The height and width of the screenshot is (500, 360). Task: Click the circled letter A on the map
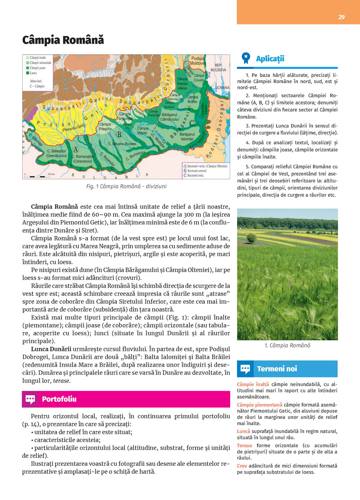click(x=76, y=150)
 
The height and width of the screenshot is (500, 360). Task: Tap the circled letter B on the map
click(x=119, y=135)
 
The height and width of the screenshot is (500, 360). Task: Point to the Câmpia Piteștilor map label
click(x=105, y=127)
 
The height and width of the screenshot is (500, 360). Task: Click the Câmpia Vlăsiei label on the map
click(x=143, y=130)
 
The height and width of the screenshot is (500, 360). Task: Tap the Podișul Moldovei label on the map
click(x=197, y=61)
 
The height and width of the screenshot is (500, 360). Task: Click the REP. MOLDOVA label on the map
click(x=218, y=68)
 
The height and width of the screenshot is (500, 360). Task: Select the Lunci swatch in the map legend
click(x=27, y=73)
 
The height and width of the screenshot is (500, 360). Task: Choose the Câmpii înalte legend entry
click(x=37, y=58)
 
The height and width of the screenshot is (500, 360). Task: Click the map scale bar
click(x=35, y=176)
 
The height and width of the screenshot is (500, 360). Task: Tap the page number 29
click(x=341, y=17)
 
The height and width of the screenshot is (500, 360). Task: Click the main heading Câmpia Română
click(x=63, y=40)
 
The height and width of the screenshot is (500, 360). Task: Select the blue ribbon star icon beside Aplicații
click(x=246, y=58)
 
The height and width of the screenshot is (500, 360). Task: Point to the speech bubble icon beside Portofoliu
click(x=30, y=399)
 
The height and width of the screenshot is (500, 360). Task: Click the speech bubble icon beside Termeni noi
click(x=245, y=369)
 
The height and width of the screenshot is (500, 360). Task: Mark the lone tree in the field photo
click(x=252, y=238)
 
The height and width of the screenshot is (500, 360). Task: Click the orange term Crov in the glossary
click(x=242, y=466)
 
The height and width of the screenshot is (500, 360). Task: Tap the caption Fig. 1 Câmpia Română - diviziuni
click(x=126, y=186)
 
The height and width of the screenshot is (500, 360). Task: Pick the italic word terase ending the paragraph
click(x=62, y=381)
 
